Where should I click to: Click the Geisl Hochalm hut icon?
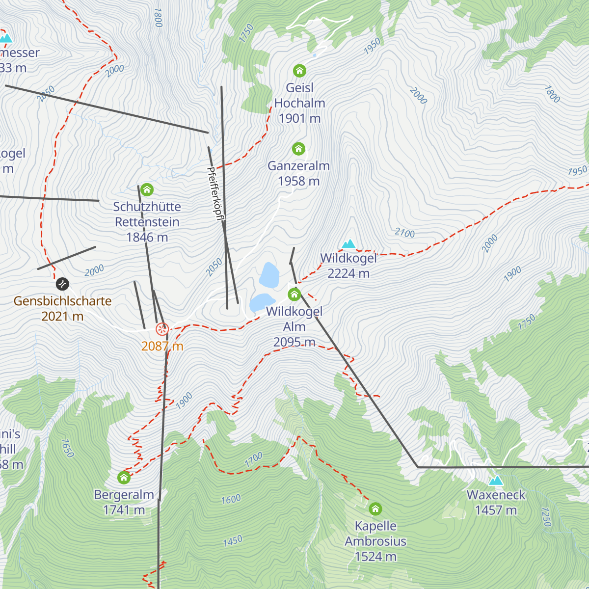coord(299,71)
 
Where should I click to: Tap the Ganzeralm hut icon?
coord(298,149)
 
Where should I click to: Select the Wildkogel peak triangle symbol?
coord(348,244)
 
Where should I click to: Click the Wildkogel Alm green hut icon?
coord(294,294)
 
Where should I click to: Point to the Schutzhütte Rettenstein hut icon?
coord(147,189)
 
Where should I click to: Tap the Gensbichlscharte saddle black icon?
coord(62,284)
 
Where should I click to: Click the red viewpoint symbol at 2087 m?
coord(162,329)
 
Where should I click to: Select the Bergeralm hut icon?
coord(124,477)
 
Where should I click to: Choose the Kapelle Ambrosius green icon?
coord(375,509)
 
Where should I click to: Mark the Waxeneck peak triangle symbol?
coord(496,481)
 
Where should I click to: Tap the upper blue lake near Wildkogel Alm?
coord(269,275)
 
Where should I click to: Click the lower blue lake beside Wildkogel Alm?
coord(262,302)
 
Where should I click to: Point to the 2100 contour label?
coord(405,233)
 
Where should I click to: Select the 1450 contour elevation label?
coord(233,541)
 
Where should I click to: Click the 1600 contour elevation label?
coord(231,500)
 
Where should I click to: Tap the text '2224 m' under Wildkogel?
coord(348,273)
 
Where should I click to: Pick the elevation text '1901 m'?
coord(299,118)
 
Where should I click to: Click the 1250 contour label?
coord(546,516)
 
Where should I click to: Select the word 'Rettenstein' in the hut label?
coord(147,222)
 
